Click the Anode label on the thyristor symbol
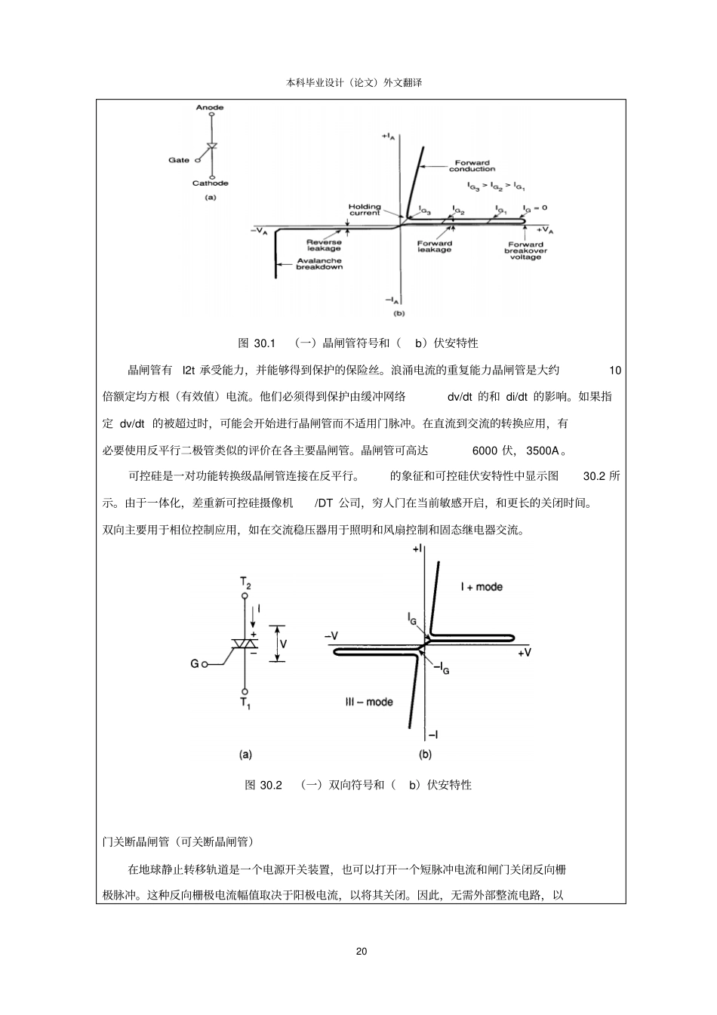pyautogui.click(x=209, y=108)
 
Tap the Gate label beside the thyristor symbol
pyautogui.click(x=179, y=160)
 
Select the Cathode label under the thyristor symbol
pyautogui.click(x=210, y=183)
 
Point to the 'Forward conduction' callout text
pyautogui.click(x=472, y=165)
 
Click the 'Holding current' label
pyautogui.click(x=365, y=210)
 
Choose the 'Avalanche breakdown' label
pyautogui.click(x=318, y=263)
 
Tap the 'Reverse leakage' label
pyautogui.click(x=323, y=245)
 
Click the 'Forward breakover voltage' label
pyautogui.click(x=525, y=251)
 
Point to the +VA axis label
pyautogui.click(x=544, y=229)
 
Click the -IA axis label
pyautogui.click(x=392, y=300)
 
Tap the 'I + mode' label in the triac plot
pyautogui.click(x=482, y=586)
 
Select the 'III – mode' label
pyautogui.click(x=369, y=702)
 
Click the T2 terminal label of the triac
pyautogui.click(x=245, y=583)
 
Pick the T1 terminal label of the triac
pyautogui.click(x=245, y=703)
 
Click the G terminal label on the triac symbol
pyautogui.click(x=194, y=664)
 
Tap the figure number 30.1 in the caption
pyautogui.click(x=265, y=343)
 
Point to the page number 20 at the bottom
pyautogui.click(x=361, y=951)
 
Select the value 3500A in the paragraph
pyautogui.click(x=543, y=451)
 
